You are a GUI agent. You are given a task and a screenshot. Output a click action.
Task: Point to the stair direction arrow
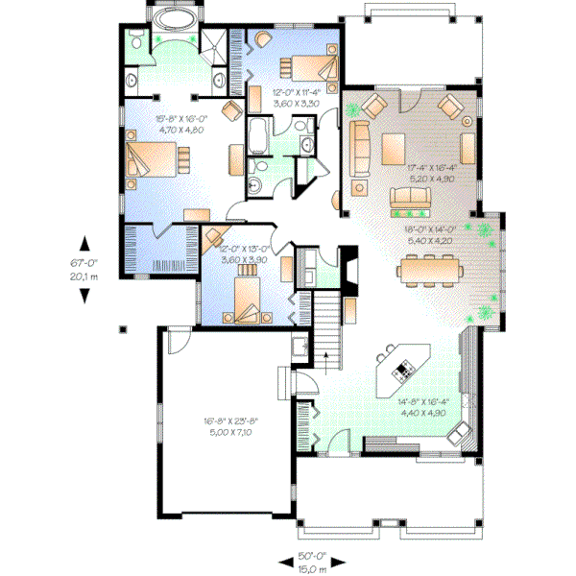(x=326, y=358)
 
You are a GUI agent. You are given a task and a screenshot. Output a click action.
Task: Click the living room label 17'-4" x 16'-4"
(x=438, y=170)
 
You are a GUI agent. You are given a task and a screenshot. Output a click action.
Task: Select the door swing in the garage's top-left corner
(x=180, y=341)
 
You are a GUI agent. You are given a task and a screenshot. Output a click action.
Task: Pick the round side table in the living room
(x=468, y=122)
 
